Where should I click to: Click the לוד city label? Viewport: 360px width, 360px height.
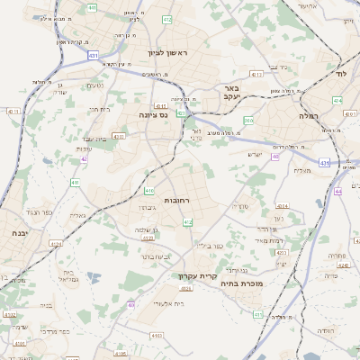(x=341, y=71)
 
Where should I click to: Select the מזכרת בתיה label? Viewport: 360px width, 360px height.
(x=254, y=283)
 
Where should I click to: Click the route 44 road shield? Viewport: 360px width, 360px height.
(x=338, y=191)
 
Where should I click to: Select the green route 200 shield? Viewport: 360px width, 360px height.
(x=248, y=120)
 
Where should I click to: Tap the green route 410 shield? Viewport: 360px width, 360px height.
(x=148, y=191)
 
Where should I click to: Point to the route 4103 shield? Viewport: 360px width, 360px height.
(x=158, y=334)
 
